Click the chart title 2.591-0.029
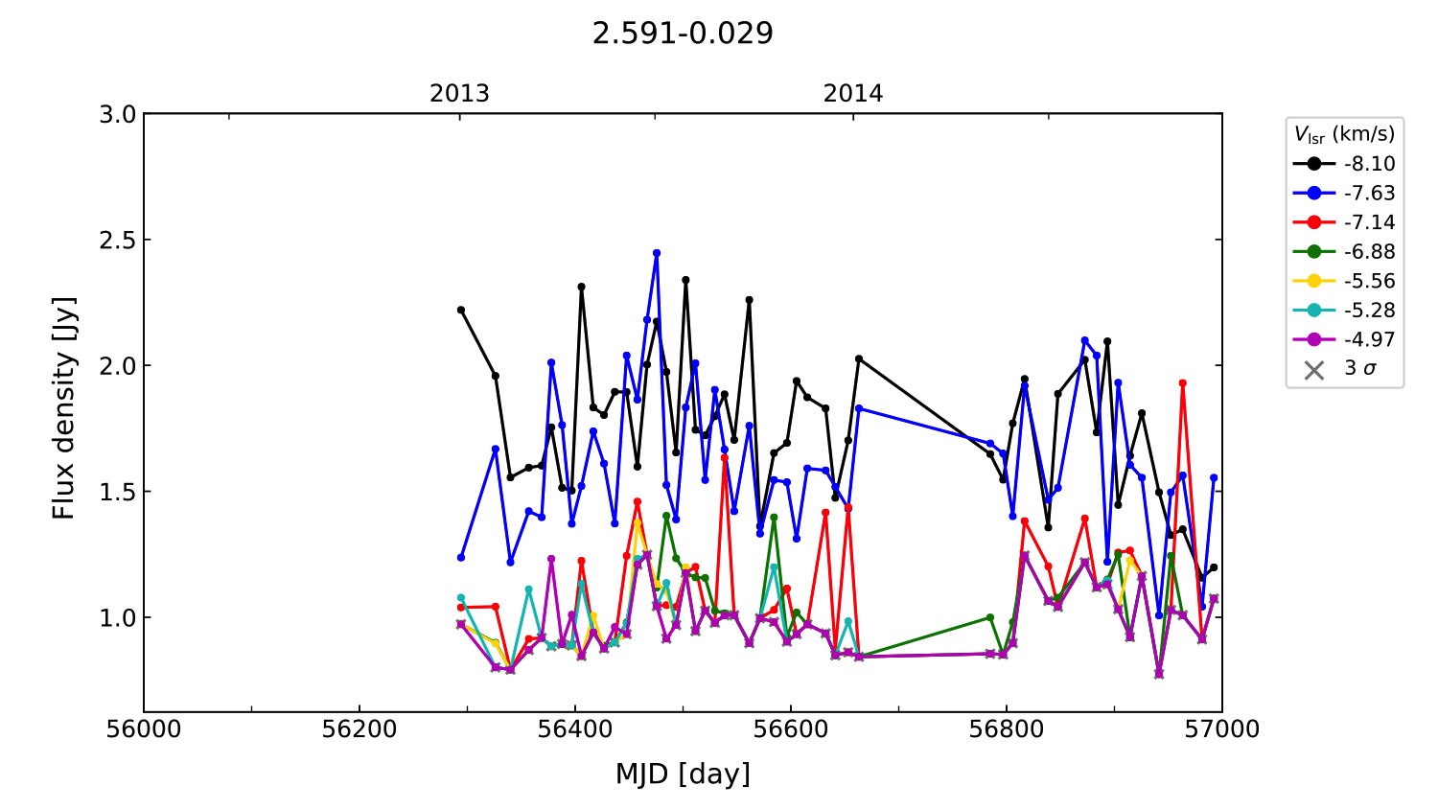pos(683,34)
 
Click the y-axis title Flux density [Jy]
pos(63,408)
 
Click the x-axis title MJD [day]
pos(683,774)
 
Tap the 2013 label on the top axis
pos(459,94)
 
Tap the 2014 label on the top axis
pos(852,94)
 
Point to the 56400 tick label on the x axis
pos(574,729)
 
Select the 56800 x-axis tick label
pos(1006,729)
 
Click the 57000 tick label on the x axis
pos(1221,729)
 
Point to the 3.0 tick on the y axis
pos(118,115)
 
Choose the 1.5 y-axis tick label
pos(118,492)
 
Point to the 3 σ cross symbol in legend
pos(1314,369)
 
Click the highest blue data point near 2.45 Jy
pos(657,253)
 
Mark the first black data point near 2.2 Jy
pos(461,310)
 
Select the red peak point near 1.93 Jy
pos(1183,383)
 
